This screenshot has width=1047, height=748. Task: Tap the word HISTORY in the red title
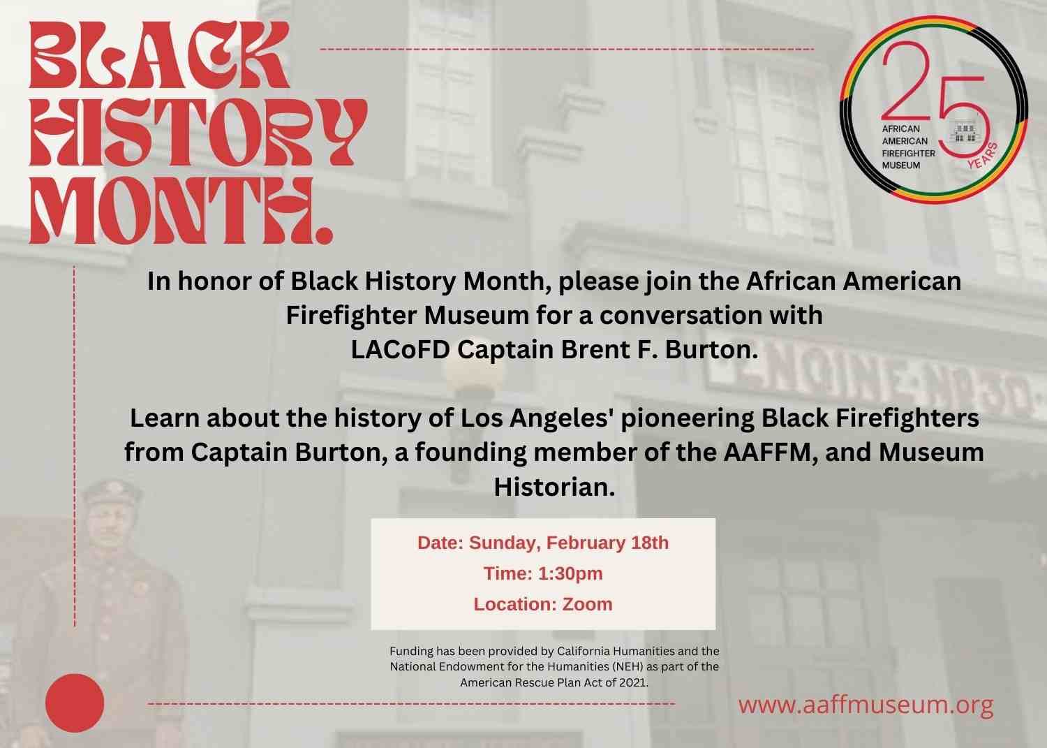coord(198,132)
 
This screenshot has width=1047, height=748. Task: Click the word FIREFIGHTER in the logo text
coord(908,153)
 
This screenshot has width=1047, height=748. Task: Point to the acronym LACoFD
coord(401,349)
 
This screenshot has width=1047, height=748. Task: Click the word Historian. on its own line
coord(554,487)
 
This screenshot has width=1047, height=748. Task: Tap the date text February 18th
coord(607,543)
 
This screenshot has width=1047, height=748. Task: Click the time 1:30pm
coord(570,573)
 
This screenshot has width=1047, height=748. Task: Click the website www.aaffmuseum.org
coord(866,705)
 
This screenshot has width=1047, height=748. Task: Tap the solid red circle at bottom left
coord(75,703)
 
